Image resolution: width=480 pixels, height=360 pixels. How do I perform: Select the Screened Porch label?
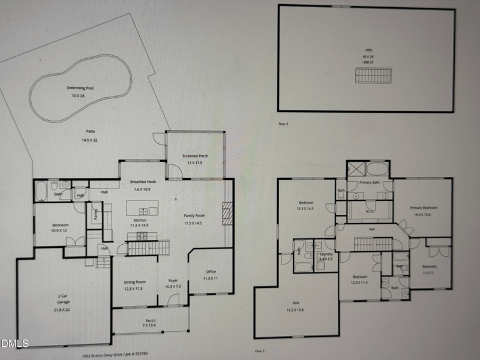coord(195,157)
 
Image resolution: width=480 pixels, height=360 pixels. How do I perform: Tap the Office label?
coord(211,272)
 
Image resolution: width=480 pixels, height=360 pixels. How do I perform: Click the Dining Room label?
coord(134,282)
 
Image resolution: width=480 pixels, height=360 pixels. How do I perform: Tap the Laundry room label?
coord(326,254)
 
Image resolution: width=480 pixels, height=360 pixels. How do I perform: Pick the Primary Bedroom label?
coord(424,208)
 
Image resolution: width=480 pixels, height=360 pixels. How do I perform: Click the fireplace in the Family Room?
coord(226,212)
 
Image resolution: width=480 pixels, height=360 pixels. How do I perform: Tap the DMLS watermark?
coord(13,344)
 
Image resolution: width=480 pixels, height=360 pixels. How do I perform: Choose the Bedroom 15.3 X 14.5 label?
coord(305,203)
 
